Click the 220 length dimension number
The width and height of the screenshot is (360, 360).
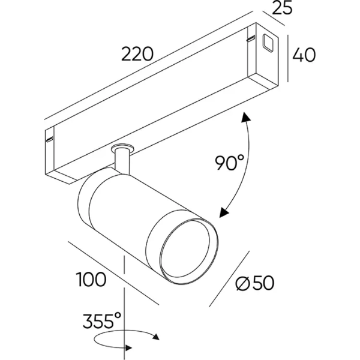point(138,55)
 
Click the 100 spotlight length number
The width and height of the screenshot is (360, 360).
point(91,279)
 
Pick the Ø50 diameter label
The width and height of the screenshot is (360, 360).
point(260,283)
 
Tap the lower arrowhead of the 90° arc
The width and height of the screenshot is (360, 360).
point(224,211)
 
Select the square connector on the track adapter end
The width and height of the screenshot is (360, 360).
point(266,43)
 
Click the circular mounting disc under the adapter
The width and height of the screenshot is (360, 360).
point(124,148)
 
